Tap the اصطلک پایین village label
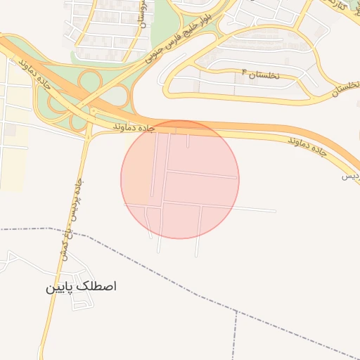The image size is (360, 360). (x=80, y=287)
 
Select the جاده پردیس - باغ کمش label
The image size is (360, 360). (x=71, y=219)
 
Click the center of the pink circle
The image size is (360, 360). (x=180, y=179)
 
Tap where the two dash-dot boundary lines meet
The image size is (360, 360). (x=236, y=309)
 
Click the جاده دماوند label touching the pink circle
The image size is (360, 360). (x=133, y=128)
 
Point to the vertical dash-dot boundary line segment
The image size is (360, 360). (x=234, y=337)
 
